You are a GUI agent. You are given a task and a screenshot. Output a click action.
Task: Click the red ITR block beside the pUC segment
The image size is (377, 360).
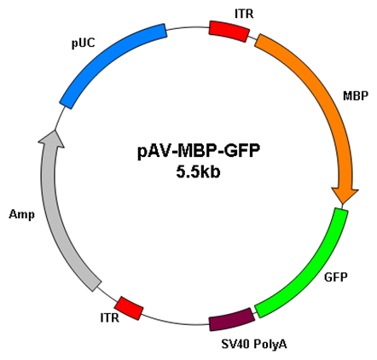click(229, 32)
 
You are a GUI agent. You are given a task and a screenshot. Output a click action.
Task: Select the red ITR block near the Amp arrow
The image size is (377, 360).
click(129, 308)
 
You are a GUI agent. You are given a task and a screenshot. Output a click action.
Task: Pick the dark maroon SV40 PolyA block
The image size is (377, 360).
click(232, 319)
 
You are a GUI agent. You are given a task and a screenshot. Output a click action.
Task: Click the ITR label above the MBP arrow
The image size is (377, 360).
click(244, 14)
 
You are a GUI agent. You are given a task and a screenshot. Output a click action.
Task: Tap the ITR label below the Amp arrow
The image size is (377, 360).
click(110, 317)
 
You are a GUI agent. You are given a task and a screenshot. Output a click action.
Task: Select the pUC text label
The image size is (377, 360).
click(83, 44)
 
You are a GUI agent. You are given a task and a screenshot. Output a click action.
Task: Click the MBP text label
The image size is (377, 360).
click(356, 96)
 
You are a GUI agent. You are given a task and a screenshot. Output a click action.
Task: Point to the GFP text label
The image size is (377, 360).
click(336, 276)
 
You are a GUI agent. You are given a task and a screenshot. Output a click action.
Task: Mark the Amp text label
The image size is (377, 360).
click(21, 215)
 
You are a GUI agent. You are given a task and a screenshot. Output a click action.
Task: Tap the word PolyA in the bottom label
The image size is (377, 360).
click(270, 345)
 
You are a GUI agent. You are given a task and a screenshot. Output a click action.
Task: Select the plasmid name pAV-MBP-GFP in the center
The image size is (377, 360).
click(199, 152)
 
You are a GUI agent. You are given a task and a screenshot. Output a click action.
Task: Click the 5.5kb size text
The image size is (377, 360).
click(198, 172)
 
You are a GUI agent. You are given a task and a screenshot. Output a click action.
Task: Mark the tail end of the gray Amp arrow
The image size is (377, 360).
click(96, 287)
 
